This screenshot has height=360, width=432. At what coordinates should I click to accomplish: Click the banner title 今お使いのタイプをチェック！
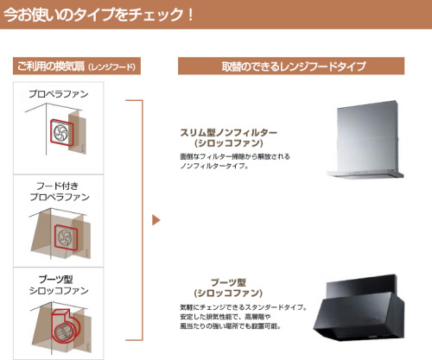98,15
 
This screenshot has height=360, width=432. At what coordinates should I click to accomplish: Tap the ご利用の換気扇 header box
77,66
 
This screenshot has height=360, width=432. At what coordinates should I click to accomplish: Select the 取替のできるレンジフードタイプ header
291,66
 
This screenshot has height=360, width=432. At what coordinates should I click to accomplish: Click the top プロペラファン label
59,94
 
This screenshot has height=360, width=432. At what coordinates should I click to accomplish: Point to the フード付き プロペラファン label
60,192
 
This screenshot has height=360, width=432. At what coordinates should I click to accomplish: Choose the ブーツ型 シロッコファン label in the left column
59,285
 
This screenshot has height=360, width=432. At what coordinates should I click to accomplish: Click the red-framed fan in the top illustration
61,133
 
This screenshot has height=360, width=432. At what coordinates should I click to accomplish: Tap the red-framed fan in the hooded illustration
66,237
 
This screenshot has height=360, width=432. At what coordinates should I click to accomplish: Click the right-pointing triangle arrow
156,220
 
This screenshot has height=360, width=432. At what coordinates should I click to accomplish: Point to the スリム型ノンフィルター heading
228,133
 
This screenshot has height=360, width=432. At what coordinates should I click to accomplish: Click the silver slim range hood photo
365,140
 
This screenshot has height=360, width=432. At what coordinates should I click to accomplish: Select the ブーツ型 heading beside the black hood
228,282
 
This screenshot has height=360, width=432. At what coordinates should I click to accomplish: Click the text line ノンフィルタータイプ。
214,166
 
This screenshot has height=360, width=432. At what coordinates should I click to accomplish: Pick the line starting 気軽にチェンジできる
244,307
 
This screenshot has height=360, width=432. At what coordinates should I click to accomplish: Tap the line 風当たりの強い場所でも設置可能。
231,326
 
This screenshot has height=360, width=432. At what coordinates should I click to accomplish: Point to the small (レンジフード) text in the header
111,67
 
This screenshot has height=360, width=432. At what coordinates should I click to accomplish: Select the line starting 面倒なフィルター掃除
235,156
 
